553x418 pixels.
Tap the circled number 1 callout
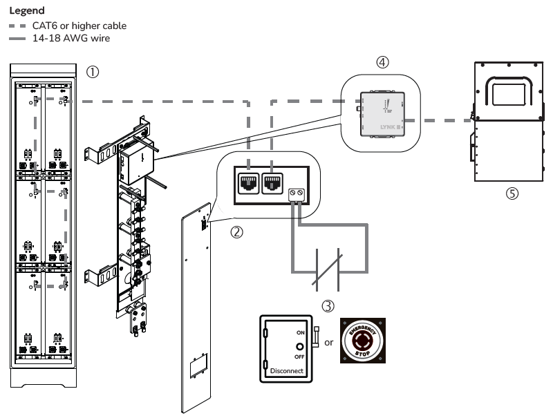(x=91, y=72)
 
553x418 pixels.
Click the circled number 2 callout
(x=237, y=232)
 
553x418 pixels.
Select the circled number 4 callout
(x=382, y=62)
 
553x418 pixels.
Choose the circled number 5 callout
(x=512, y=194)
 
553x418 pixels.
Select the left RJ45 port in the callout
(x=247, y=183)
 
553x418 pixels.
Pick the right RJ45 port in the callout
(x=272, y=183)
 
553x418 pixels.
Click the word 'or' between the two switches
(x=329, y=343)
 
